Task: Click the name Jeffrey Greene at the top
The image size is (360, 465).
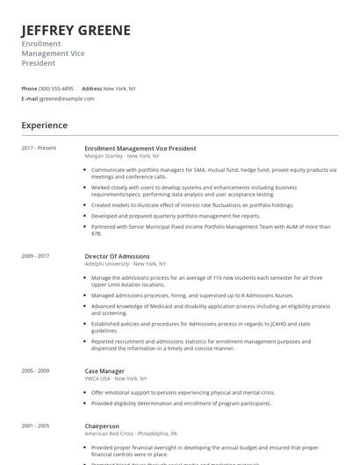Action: (76, 31)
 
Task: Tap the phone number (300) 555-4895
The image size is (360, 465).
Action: (56, 89)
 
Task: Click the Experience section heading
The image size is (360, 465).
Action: (45, 125)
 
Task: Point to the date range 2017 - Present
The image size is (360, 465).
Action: (39, 148)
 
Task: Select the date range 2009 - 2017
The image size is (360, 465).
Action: (36, 256)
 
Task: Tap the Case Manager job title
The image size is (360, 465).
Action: (104, 371)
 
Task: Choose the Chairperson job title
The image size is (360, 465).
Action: (103, 426)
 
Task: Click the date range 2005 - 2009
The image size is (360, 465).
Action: (36, 371)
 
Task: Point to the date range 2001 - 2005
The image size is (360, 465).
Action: (36, 426)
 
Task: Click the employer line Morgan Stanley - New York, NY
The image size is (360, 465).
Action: (122, 155)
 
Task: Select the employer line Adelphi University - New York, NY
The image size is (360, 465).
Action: (126, 263)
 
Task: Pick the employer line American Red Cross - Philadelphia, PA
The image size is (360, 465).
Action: (131, 433)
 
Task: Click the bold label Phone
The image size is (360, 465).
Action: (29, 89)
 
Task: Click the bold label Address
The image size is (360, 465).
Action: (91, 89)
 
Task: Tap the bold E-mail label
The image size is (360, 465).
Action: (29, 99)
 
